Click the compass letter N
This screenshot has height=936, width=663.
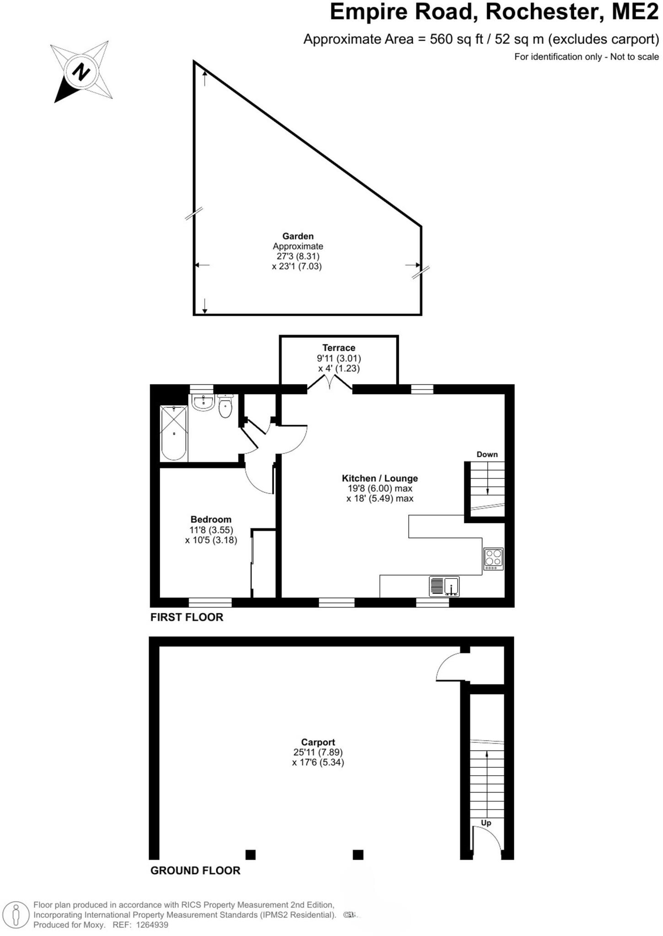click(x=81, y=72)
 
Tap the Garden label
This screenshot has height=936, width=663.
click(x=298, y=236)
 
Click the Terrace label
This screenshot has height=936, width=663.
click(x=338, y=348)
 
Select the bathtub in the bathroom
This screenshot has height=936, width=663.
click(x=174, y=433)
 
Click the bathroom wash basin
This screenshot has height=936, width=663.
click(x=203, y=402)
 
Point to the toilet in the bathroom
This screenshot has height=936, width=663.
click(x=225, y=407)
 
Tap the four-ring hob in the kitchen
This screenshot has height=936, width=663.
click(x=494, y=558)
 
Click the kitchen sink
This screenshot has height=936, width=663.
click(x=444, y=586)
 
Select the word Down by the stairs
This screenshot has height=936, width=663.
click(x=487, y=454)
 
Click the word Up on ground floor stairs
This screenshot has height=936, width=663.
click(x=486, y=823)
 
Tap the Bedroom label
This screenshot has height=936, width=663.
click(x=211, y=520)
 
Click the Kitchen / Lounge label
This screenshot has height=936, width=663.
click(x=380, y=479)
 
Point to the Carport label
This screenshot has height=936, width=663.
click(x=318, y=742)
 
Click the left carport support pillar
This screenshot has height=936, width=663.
click(x=251, y=854)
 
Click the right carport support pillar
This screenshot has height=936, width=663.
click(x=358, y=854)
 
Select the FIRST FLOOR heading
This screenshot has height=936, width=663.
click(x=187, y=617)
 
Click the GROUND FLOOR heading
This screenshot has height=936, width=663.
click(x=195, y=871)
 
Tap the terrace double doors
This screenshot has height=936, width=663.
click(x=330, y=383)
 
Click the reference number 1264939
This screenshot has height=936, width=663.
click(x=151, y=925)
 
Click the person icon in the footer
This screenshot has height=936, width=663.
click(x=16, y=915)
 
